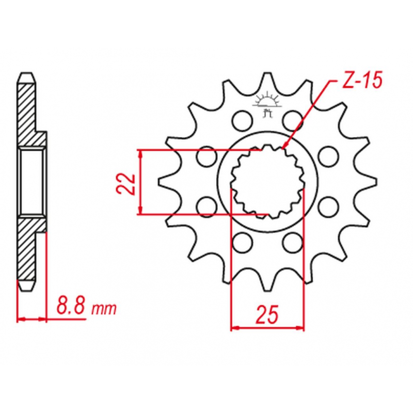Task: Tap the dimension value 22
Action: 126,184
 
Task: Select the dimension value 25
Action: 267,314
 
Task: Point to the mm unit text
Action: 104,309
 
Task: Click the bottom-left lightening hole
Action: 242,242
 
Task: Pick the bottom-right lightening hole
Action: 293,242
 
